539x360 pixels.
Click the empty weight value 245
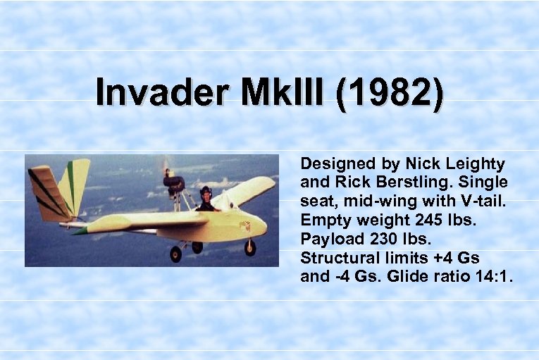(x=429, y=219)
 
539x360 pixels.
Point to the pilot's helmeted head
(x=206, y=192)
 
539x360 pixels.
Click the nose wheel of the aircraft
(x=250, y=247)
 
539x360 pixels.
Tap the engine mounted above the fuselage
(x=173, y=182)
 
